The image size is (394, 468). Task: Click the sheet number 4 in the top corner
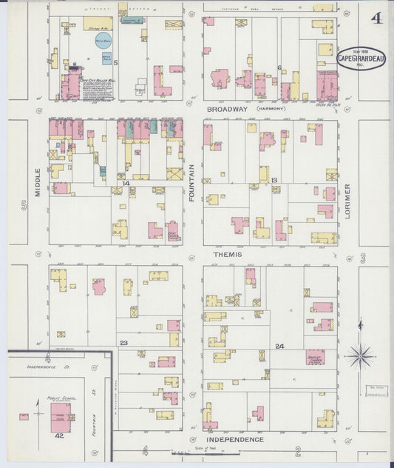tap(376, 17)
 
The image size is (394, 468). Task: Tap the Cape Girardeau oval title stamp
tap(361, 58)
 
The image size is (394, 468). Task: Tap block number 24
tap(279, 347)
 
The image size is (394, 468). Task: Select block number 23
tap(123, 342)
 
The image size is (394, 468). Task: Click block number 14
tap(126, 182)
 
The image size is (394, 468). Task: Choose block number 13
tap(274, 181)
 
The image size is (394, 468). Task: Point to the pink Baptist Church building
tap(315, 357)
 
